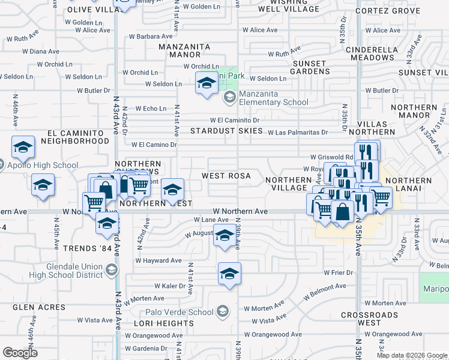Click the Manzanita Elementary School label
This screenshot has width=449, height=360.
pos(274,98)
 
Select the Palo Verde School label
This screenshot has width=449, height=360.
pos(179,312)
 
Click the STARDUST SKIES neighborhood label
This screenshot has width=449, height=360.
pos(226,130)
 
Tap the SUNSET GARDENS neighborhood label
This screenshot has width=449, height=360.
pos(310,67)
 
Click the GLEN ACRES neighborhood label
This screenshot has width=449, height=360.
pos(39,307)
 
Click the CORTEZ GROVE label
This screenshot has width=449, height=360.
pos(387,11)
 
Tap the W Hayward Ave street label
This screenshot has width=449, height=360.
pos(158,260)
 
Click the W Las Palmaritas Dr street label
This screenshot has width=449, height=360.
pos(297,133)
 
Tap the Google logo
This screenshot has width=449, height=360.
pos(20,353)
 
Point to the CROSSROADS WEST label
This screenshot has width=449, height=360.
pos(369,319)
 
